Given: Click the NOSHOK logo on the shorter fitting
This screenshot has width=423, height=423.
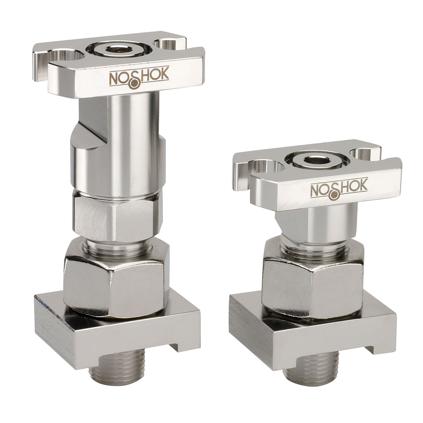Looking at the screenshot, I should pyautogui.click(x=338, y=189).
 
